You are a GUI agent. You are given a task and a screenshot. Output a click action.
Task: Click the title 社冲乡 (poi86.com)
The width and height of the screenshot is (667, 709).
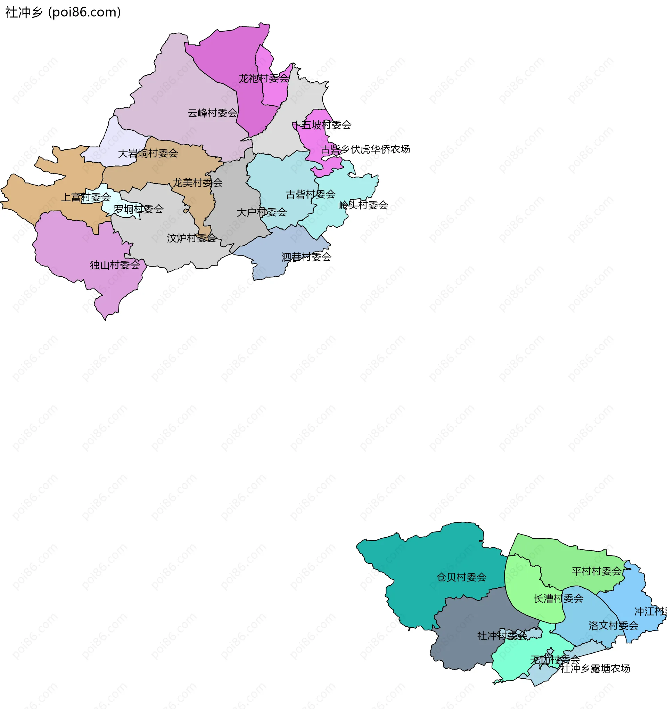point(63,12)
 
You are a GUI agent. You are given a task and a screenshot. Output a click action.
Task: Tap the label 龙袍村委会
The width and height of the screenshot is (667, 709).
point(263,79)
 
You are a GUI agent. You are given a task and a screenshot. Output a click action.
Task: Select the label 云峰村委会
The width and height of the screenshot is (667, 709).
point(213,113)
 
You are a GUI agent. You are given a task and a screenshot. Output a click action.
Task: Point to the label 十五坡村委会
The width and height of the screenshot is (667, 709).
point(322,125)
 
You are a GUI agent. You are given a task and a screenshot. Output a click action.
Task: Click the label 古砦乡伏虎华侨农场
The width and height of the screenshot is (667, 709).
point(365,149)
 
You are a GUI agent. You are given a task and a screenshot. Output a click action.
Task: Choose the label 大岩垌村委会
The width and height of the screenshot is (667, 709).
point(148,153)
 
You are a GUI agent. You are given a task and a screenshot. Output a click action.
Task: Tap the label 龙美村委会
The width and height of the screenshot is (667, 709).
point(198,182)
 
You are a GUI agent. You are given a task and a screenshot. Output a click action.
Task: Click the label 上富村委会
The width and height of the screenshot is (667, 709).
point(86,197)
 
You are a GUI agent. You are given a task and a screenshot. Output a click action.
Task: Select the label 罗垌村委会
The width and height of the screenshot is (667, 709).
point(139,209)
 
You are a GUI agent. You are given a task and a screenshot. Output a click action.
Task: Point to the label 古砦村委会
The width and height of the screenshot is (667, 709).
point(311,194)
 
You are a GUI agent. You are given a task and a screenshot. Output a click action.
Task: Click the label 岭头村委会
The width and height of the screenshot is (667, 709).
point(363,205)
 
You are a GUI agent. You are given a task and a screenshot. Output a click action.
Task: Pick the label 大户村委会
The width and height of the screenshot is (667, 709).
point(262,212)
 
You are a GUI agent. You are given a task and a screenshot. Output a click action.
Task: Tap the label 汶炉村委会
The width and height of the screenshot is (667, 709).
point(192,238)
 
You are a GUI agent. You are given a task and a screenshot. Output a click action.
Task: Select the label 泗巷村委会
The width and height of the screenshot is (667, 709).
point(307,257)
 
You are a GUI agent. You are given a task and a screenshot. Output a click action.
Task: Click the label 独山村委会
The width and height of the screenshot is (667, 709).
point(115,265)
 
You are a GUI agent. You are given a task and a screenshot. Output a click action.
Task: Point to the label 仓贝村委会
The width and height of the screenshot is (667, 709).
point(461,577)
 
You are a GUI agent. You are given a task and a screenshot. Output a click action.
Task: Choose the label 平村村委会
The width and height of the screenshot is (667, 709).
point(596,571)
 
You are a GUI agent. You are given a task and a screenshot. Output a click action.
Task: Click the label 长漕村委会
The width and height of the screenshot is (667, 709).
point(558,598)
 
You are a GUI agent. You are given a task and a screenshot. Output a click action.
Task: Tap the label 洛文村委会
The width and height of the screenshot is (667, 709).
point(613,626)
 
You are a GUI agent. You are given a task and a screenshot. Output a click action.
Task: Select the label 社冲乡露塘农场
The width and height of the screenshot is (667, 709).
point(595,668)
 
